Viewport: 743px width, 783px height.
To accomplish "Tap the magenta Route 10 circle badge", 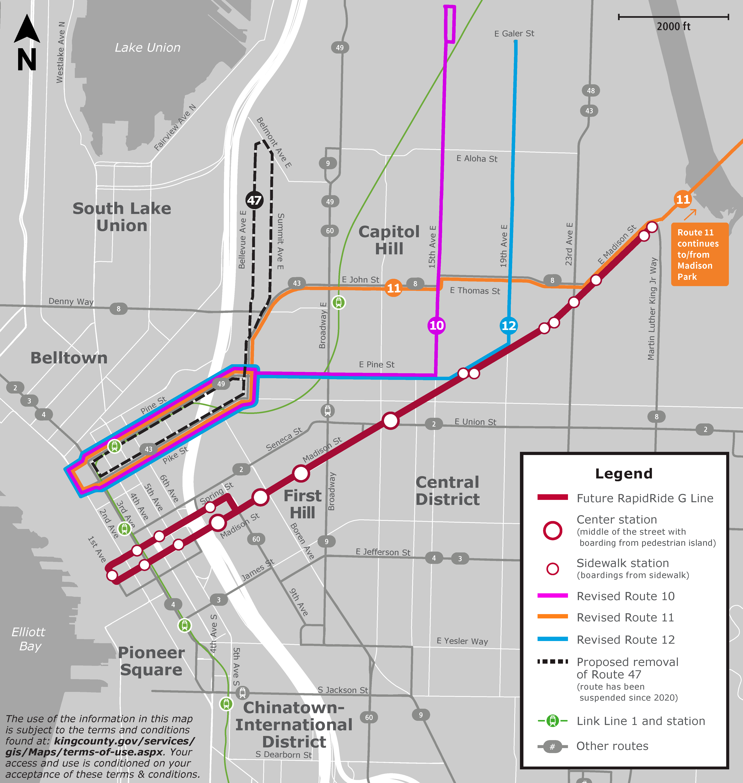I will (x=436, y=326).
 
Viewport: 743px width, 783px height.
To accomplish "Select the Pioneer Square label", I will (x=151, y=661).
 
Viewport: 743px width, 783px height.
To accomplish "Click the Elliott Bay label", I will (x=29, y=639).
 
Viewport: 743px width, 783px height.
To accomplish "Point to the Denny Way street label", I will (x=71, y=301).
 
